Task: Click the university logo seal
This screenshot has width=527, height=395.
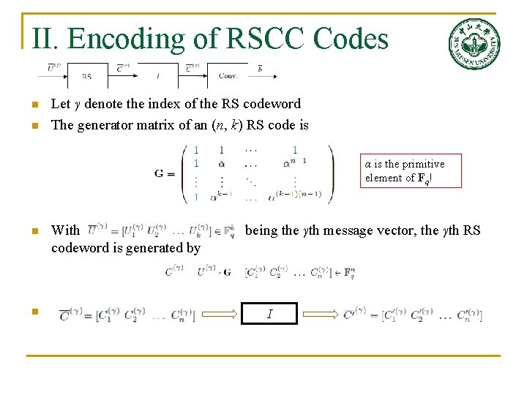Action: [474, 44]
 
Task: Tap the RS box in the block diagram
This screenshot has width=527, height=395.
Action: [86, 75]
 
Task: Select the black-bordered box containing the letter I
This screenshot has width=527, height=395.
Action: [271, 314]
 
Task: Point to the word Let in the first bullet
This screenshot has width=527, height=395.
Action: [60, 104]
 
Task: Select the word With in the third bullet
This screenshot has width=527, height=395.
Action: [66, 231]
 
